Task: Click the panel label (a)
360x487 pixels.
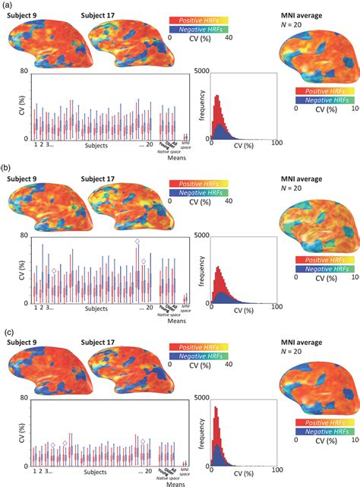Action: click(11, 5)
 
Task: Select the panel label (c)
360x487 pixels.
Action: click(11, 332)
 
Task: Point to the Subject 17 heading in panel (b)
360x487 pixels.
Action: click(109, 179)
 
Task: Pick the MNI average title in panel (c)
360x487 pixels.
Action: click(302, 343)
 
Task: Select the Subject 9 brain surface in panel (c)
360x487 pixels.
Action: click(46, 372)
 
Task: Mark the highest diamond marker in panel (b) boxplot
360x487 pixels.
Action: click(137, 242)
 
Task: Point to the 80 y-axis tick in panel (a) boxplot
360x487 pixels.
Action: click(24, 72)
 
